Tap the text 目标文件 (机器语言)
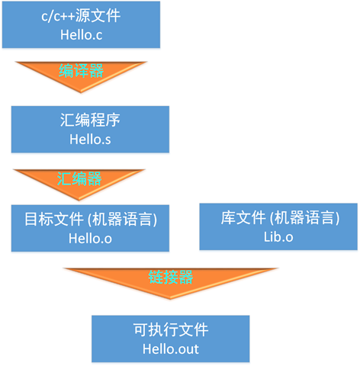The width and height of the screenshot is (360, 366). point(90,220)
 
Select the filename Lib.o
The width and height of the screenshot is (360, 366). point(278,239)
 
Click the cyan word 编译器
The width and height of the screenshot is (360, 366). point(82,71)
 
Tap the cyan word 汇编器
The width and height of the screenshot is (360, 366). point(80,179)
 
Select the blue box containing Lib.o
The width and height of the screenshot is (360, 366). point(278,227)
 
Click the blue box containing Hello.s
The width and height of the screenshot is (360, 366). point(90,130)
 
